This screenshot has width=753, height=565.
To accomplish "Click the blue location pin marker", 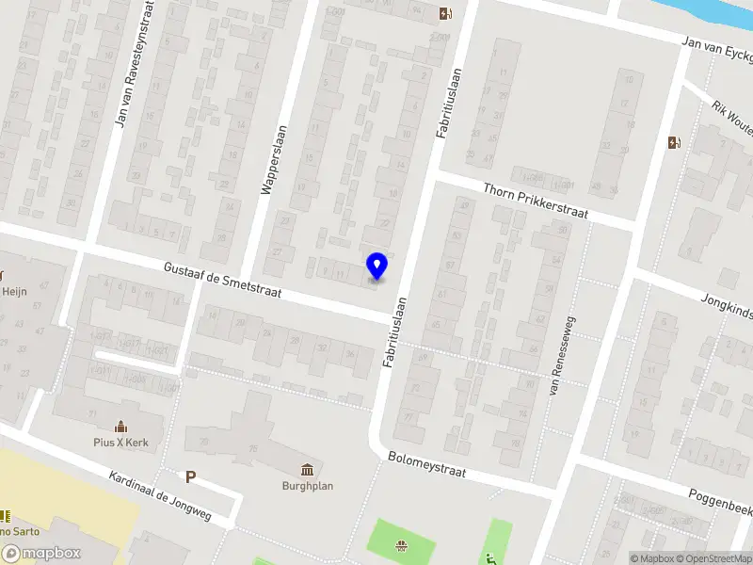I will point(376,266).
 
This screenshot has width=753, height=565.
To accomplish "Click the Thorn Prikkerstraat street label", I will point(535,201).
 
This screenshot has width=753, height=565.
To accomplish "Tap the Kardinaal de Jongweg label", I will point(159,497).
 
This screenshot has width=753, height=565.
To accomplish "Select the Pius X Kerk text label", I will point(121,443).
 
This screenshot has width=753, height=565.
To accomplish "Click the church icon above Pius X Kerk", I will point(120,427).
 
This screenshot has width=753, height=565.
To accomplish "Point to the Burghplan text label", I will point(308,486).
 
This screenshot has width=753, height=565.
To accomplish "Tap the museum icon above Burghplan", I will point(308,469).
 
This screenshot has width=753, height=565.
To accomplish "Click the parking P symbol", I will point(190,477).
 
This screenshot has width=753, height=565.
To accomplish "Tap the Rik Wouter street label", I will point(731,120).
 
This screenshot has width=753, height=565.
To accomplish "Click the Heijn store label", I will point(15,292).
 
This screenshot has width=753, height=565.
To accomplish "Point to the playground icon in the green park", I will point(402,544).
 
